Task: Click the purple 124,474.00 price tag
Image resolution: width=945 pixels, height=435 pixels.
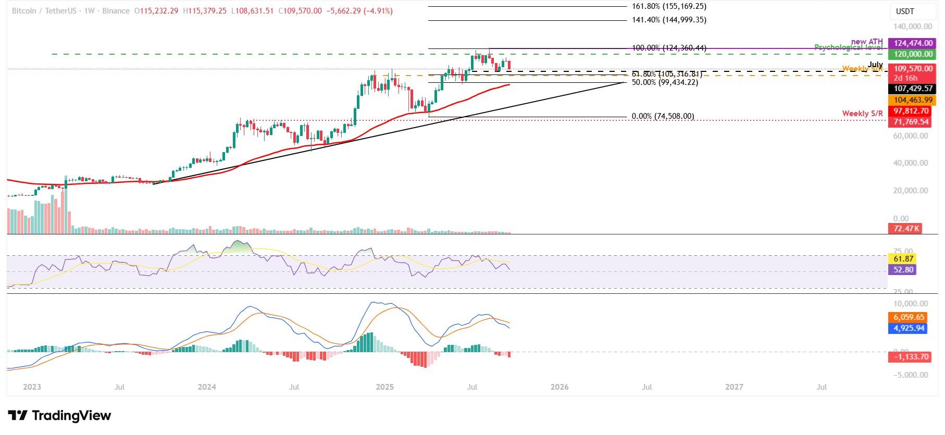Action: click(913, 43)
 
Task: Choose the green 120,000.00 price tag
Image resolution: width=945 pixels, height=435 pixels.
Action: click(913, 54)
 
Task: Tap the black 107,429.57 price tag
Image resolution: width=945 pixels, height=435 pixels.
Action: click(913, 89)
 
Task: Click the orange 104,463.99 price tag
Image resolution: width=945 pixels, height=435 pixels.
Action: click(913, 100)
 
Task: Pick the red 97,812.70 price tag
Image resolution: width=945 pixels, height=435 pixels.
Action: click(913, 111)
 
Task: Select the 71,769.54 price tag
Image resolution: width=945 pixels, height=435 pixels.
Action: click(913, 122)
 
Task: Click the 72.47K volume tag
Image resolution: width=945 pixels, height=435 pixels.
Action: click(905, 229)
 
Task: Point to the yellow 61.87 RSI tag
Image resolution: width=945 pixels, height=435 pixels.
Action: click(901, 259)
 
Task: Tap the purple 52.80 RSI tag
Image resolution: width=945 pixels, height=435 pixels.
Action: click(901, 270)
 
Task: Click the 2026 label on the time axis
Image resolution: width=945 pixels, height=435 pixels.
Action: click(559, 387)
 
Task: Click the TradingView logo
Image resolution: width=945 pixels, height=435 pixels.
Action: click(59, 416)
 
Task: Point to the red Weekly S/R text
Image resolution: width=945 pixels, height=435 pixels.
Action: click(862, 114)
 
